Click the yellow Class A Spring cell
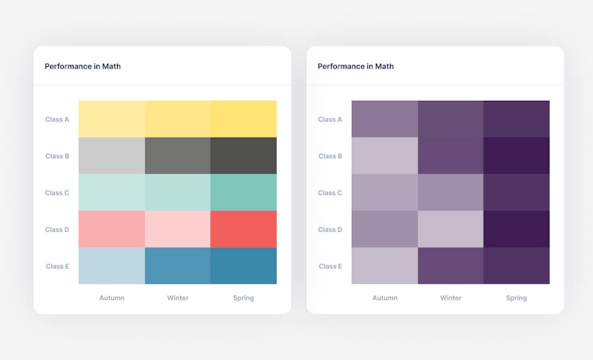click(x=244, y=119)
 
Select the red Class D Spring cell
click(x=244, y=229)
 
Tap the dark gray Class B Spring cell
click(x=244, y=155)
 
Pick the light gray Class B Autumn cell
click(x=111, y=155)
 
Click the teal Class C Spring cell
click(x=244, y=192)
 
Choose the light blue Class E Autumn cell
click(x=111, y=266)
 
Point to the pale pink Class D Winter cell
click(x=177, y=229)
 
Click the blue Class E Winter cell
click(x=177, y=266)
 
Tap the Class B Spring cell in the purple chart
click(x=516, y=155)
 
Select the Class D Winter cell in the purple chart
click(x=450, y=229)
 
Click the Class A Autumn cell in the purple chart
click(x=385, y=119)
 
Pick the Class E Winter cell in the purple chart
click(x=450, y=266)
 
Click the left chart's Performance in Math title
click(x=82, y=66)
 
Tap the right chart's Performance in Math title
click(x=355, y=66)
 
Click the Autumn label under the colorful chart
click(x=112, y=298)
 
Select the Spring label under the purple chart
click(x=516, y=298)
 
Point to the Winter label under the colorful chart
click(x=177, y=298)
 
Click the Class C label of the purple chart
click(x=330, y=193)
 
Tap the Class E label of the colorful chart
click(x=57, y=267)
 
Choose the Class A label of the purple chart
click(x=330, y=119)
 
